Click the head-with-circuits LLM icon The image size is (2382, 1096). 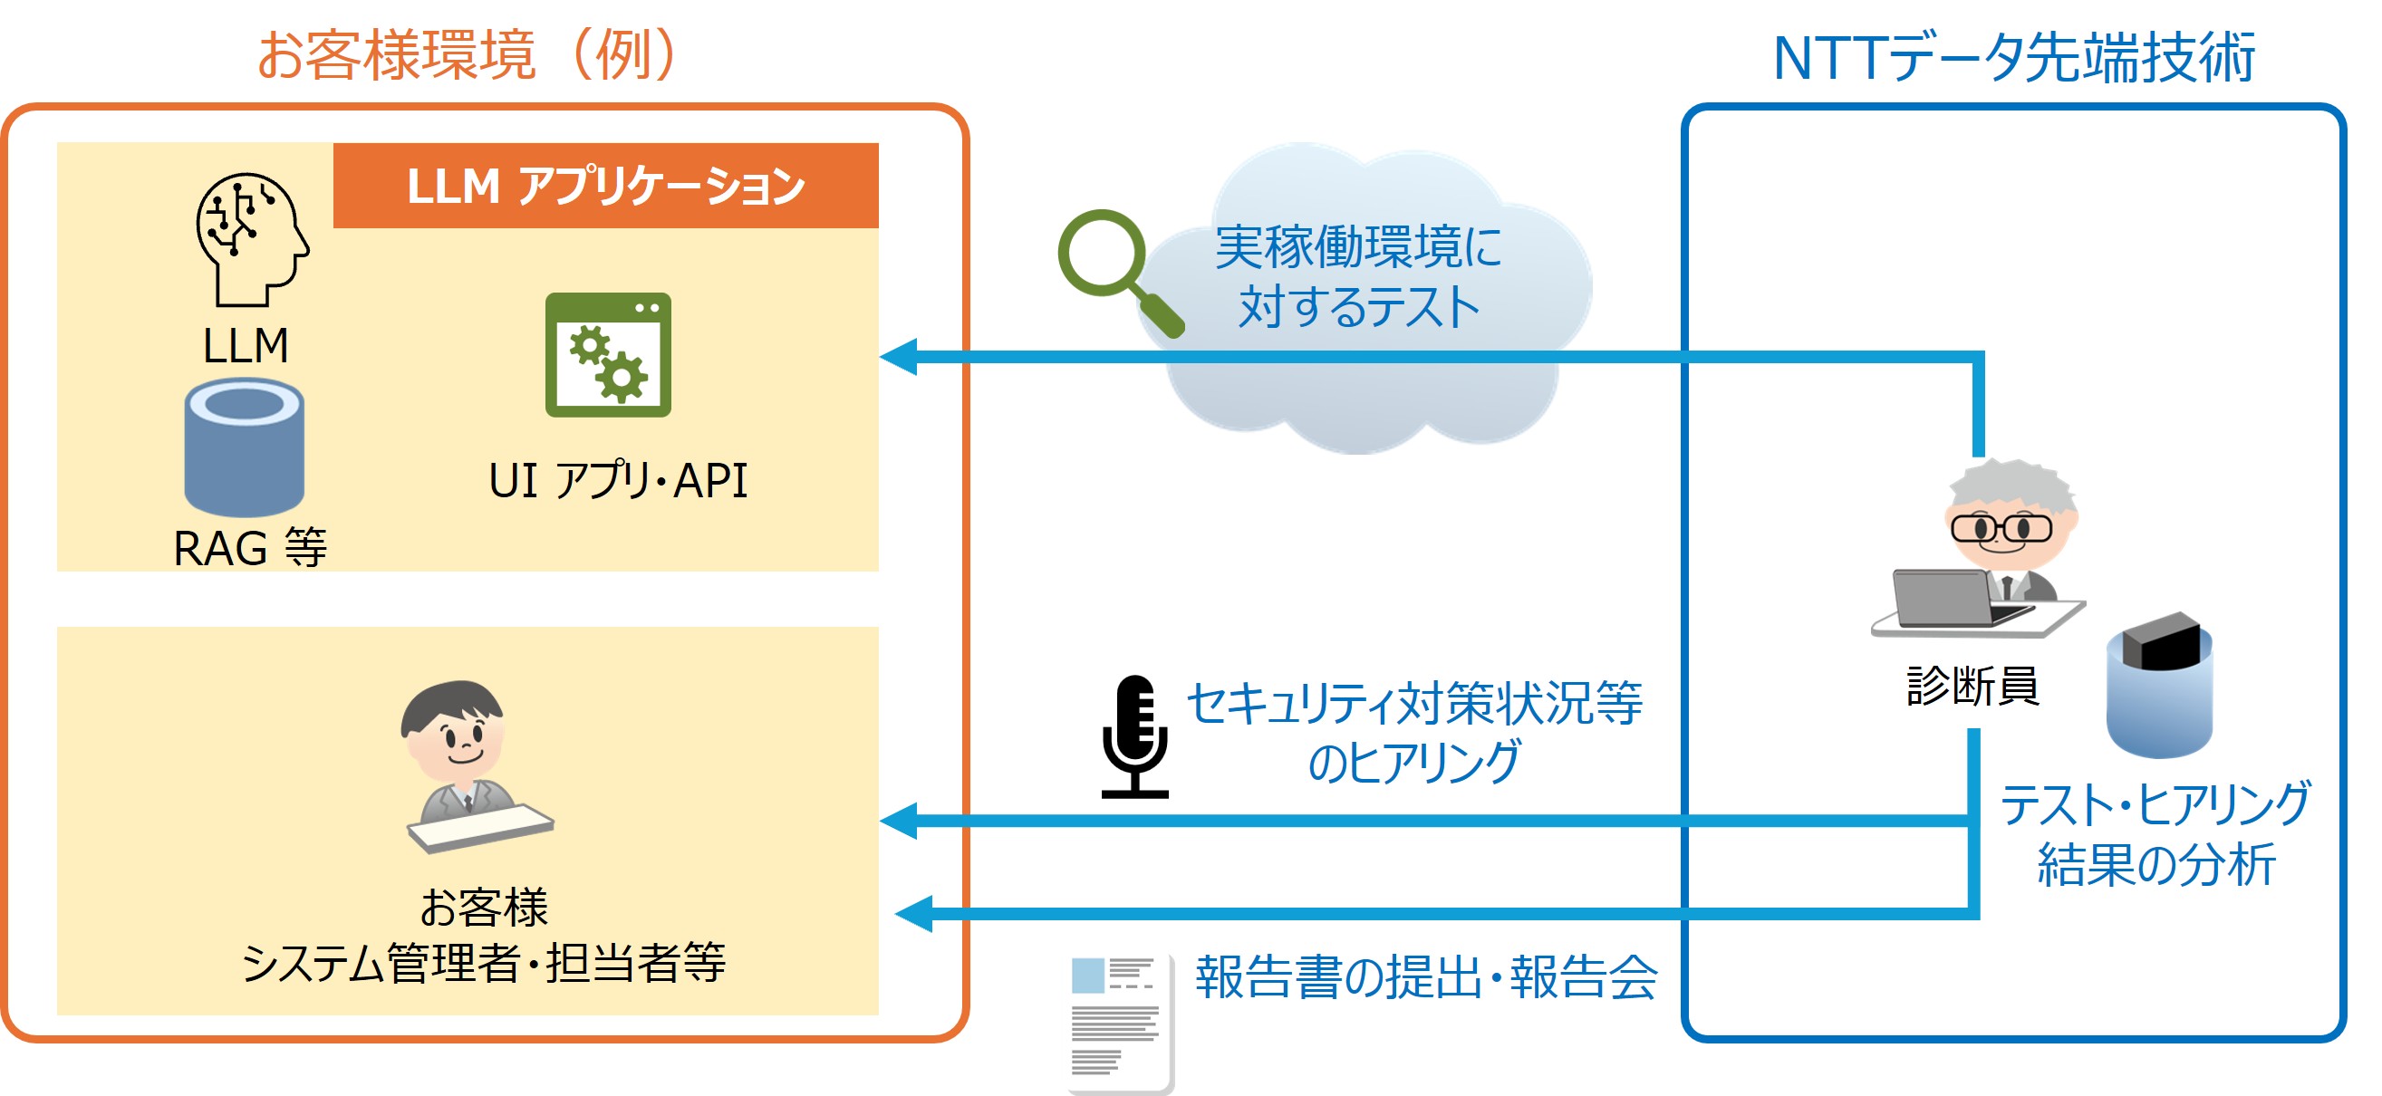tap(251, 238)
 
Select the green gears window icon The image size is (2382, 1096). tap(608, 355)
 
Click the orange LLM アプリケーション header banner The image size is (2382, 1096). tap(605, 186)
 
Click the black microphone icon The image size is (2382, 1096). tap(1134, 735)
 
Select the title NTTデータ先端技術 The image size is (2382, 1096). tap(2013, 58)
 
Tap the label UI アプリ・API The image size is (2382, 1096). tap(617, 481)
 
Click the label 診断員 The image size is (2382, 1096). tap(1972, 686)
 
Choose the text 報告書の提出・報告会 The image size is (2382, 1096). tap(1425, 976)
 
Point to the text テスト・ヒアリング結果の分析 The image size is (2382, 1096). tap(2155, 832)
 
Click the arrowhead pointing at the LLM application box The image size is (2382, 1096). tap(899, 357)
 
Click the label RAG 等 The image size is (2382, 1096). tap(250, 548)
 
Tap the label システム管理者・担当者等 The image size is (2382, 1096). tap(483, 963)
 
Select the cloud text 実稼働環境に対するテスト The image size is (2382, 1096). tap(1357, 276)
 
